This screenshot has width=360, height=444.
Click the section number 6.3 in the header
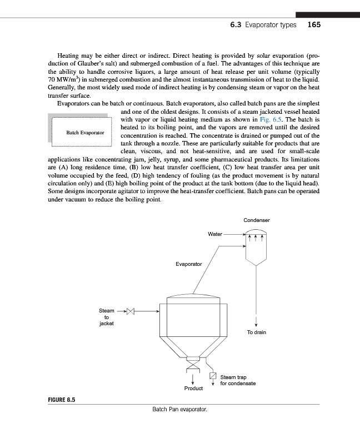tap(236, 25)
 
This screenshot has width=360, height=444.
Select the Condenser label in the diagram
tap(257, 220)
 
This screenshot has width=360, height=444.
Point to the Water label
tap(215, 234)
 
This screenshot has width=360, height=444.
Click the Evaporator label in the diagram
tap(189, 264)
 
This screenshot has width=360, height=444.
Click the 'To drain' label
tap(256, 332)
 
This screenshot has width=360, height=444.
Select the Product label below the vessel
tap(193, 388)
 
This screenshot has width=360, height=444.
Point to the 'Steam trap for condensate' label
tap(237, 380)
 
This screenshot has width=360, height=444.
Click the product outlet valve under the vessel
tap(193, 366)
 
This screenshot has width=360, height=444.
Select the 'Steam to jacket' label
tap(106, 317)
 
